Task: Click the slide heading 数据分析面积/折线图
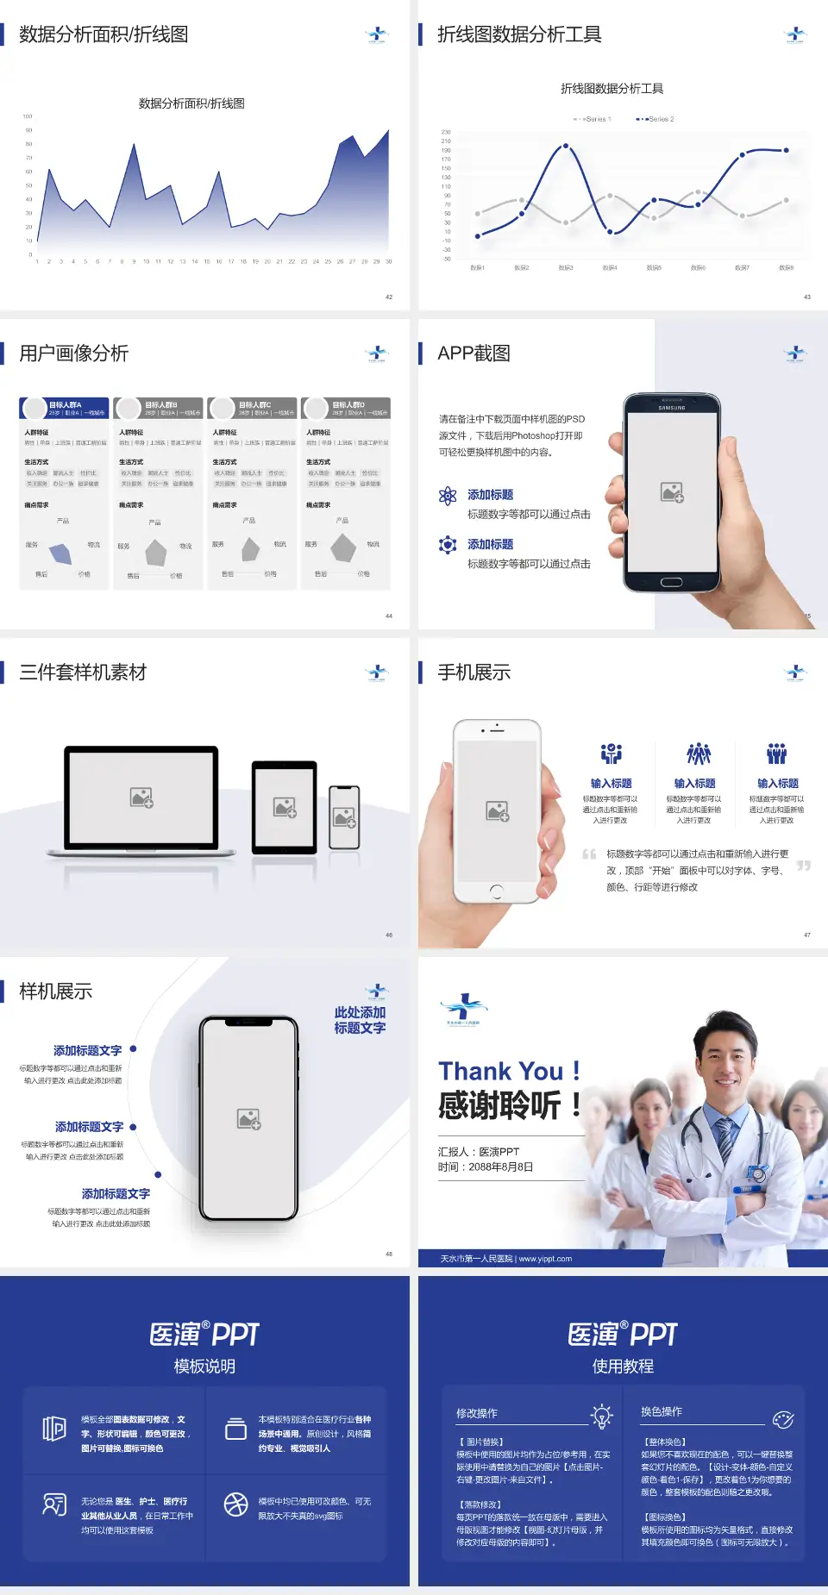[x=103, y=34]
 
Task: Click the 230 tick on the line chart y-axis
[x=446, y=132]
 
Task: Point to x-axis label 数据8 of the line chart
[x=786, y=268]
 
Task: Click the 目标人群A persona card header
[x=65, y=408]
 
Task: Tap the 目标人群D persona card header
[x=347, y=408]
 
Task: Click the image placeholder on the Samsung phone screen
[x=672, y=492]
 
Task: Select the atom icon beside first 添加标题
[x=448, y=495]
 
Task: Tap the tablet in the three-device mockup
[x=285, y=807]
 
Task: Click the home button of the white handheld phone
[x=496, y=890]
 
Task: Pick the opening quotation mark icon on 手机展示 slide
[x=589, y=854]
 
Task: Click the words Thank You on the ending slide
[x=500, y=1071]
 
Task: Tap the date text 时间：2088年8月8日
[x=486, y=1167]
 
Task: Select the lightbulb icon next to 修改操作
[x=601, y=1416]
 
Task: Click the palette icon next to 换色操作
[x=783, y=1419]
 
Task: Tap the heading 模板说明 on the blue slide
[x=204, y=1366]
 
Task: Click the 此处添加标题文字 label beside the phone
[x=360, y=1020]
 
